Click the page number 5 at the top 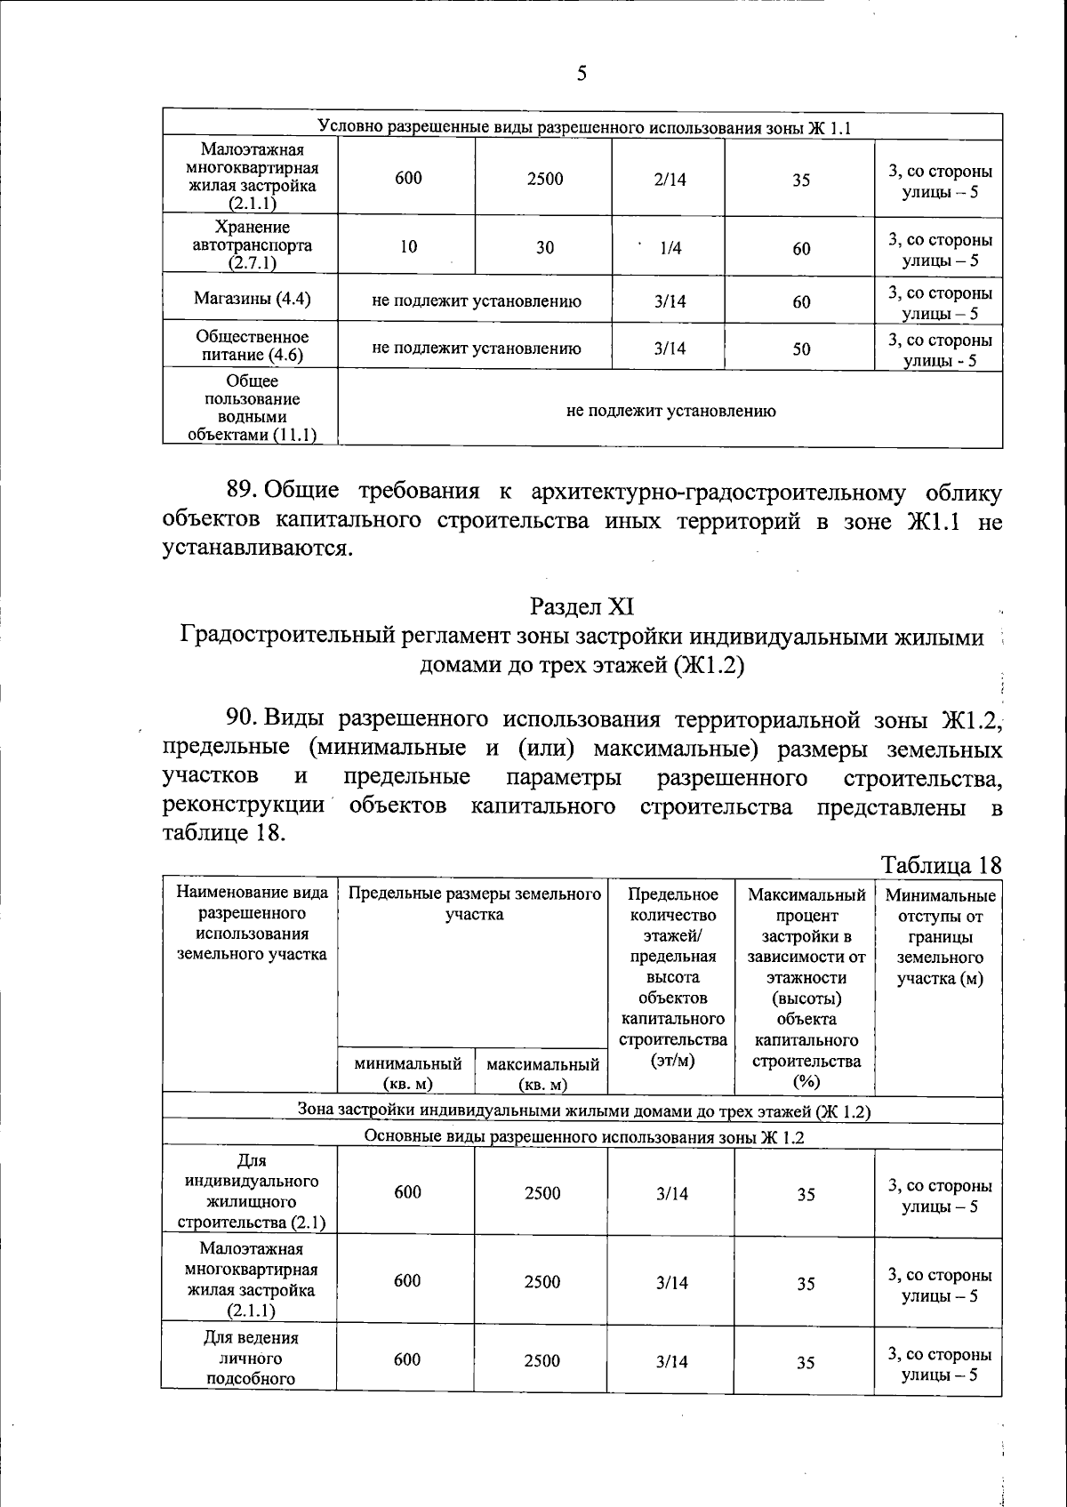582,74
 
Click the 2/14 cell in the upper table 670,180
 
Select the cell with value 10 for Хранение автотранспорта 408,247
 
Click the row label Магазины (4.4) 253,299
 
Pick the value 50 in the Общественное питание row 801,349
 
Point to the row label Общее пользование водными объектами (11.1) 252,408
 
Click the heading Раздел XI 582,606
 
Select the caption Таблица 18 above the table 941,864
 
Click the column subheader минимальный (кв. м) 407,1073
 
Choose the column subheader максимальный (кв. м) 542,1073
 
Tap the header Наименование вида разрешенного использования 252,923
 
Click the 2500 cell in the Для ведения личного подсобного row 542,1361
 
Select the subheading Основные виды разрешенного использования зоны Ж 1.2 584,1137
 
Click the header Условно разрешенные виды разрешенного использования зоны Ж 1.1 584,127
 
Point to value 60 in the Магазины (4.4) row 801,302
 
